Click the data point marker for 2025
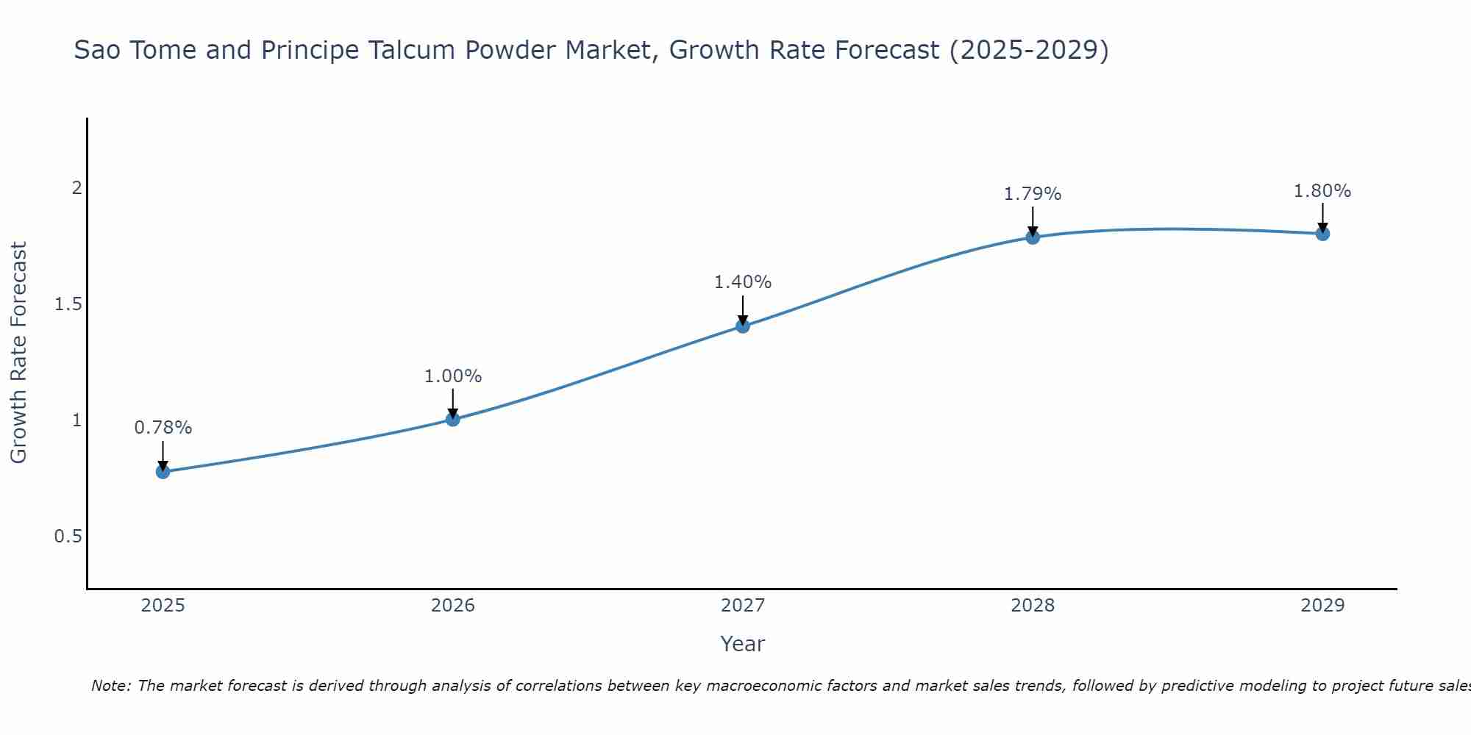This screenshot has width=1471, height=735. [163, 472]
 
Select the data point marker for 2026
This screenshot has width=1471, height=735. [453, 420]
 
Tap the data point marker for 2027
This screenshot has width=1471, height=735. [743, 326]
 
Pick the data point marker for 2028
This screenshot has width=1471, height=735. [1033, 237]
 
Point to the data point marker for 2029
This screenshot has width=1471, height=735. [1322, 234]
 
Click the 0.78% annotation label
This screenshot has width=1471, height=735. [163, 428]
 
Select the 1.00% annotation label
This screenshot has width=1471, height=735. [453, 376]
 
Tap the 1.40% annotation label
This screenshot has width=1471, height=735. [743, 282]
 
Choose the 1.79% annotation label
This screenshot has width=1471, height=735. [1033, 194]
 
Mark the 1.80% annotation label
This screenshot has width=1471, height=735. [1322, 191]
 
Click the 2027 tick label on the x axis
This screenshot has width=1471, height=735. [743, 606]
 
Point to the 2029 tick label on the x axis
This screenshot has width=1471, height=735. [1322, 606]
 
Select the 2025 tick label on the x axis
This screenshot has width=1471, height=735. [163, 606]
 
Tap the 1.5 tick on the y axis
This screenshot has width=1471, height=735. [68, 304]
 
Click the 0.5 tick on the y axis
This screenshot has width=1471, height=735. [68, 537]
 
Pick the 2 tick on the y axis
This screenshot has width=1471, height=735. [76, 188]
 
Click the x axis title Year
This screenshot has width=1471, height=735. [743, 644]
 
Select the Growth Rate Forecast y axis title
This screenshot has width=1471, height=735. [19, 353]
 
